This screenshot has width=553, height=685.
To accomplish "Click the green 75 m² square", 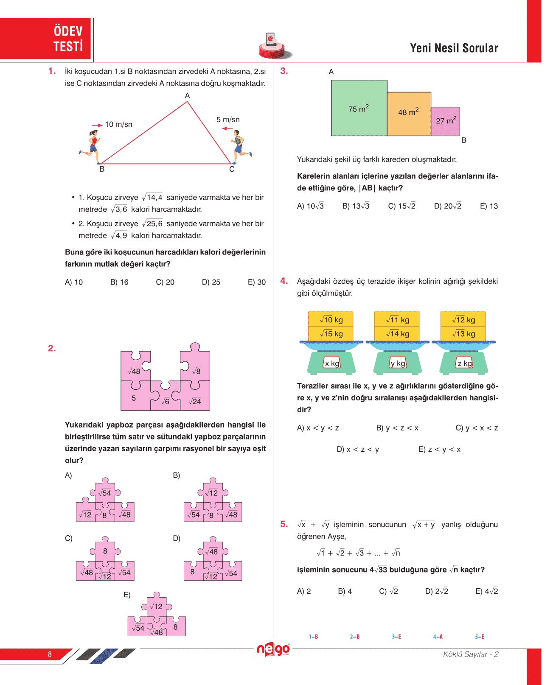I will click(359, 108).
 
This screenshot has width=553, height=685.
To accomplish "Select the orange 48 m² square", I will click(409, 114).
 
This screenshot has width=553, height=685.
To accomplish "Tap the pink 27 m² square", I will click(446, 121).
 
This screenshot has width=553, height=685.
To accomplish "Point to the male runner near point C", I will click(239, 146).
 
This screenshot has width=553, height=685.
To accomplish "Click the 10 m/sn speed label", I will click(118, 124).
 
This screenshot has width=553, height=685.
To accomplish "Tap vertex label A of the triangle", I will click(187, 96).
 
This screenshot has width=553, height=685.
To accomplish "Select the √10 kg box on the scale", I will click(331, 319).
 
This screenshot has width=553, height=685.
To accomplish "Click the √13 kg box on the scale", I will click(463, 333).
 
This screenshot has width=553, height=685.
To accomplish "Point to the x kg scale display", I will click(332, 363).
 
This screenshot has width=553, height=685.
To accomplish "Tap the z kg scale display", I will click(464, 363).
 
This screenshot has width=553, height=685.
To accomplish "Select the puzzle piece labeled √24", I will click(195, 399).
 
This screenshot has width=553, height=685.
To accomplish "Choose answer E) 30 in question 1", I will click(256, 282).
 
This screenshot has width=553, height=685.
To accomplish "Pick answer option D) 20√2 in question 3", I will click(447, 206).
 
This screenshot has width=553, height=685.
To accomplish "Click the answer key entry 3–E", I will click(396, 637).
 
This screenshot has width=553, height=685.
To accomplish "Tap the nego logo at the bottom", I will click(273, 649).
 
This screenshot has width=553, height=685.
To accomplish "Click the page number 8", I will click(50, 654).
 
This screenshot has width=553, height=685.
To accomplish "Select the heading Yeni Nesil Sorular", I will click(454, 48).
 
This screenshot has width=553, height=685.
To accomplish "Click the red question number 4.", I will click(284, 281).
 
